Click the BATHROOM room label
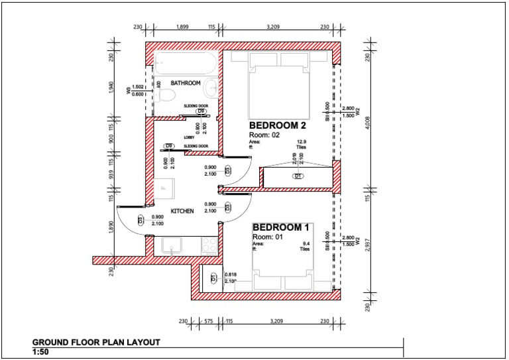click(x=186, y=83)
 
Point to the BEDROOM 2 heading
click(x=277, y=125)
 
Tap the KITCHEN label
click(x=182, y=211)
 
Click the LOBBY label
click(x=189, y=138)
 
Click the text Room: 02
click(x=264, y=135)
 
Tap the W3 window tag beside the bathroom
click(x=129, y=91)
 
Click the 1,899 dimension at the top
click(x=183, y=27)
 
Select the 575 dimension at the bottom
click(x=207, y=322)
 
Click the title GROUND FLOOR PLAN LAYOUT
click(x=96, y=343)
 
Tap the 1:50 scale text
click(x=41, y=352)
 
